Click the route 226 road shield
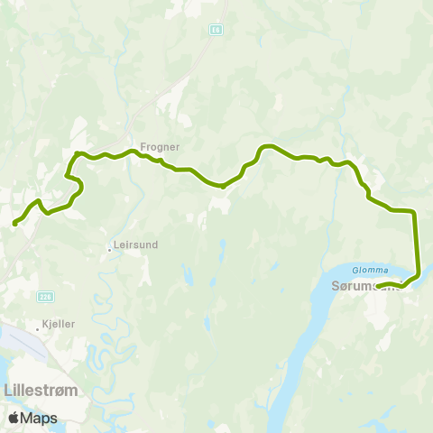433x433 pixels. click(x=46, y=295)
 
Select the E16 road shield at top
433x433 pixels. click(x=216, y=30)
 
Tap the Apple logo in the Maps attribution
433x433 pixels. click(x=14, y=418)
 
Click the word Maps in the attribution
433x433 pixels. click(x=41, y=418)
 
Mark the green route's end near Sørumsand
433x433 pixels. click(x=378, y=287)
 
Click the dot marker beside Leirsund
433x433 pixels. click(x=109, y=248)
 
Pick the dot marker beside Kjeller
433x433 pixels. click(x=37, y=329)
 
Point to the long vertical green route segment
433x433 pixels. click(x=417, y=244)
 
